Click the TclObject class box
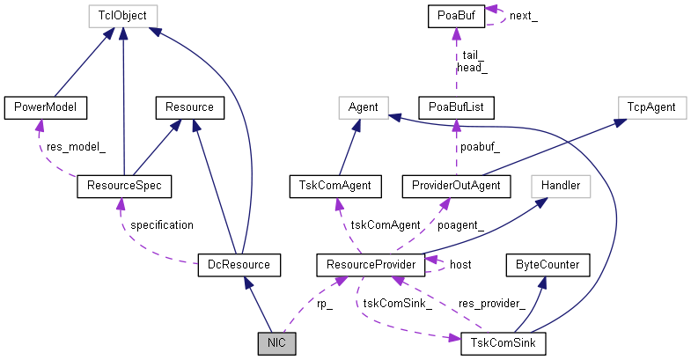coord(123,15)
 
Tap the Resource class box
coord(189,107)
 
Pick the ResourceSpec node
coord(123,186)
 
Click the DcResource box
coord(239,263)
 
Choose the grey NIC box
coord(276,342)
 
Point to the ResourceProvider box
coord(371,263)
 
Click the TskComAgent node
coord(335,186)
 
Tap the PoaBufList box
coord(456,107)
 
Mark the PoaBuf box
coord(456,15)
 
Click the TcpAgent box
coord(651,107)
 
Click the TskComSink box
coord(503,342)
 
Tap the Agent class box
coord(364,107)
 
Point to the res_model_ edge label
coord(76,147)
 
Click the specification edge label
coord(161,224)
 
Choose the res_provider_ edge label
coord(491,304)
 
